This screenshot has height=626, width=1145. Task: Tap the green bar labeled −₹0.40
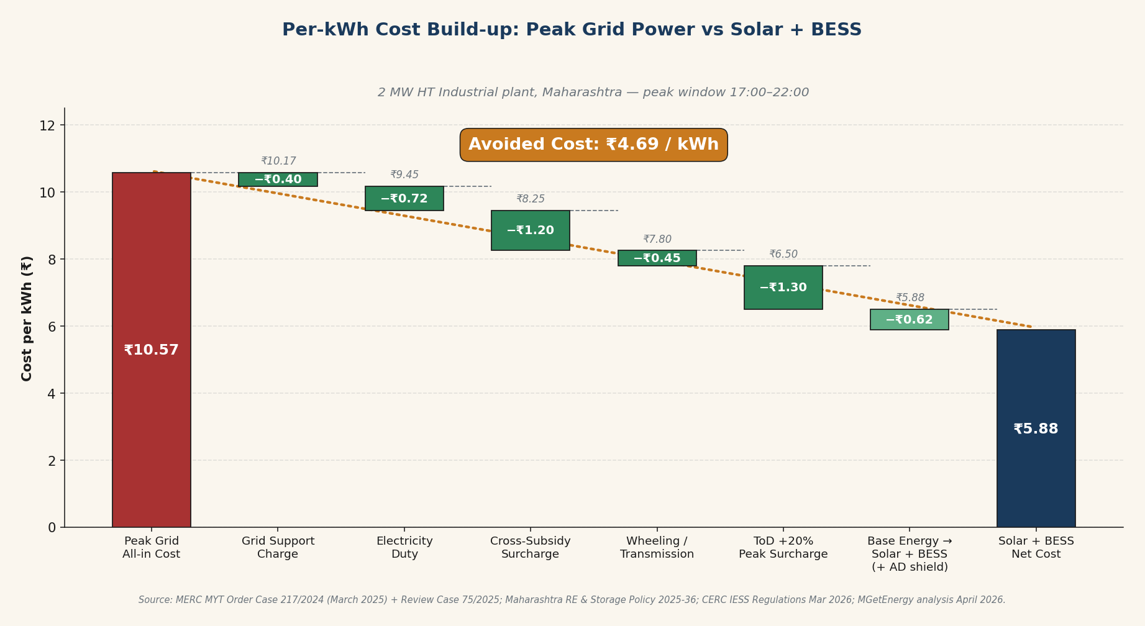pyautogui.click(x=278, y=179)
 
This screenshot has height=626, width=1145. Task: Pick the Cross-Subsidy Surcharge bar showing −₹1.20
pyautogui.click(x=530, y=230)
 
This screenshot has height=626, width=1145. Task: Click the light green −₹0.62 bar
pyautogui.click(x=909, y=320)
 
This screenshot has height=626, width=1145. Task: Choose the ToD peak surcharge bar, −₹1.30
pyautogui.click(x=783, y=288)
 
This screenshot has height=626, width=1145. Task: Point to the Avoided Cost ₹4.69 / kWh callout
pyautogui.click(x=593, y=145)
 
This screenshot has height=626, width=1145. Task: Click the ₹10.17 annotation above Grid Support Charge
pyautogui.click(x=278, y=161)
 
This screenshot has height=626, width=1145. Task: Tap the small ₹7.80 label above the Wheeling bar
pyautogui.click(x=657, y=240)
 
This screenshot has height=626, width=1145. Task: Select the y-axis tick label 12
pyautogui.click(x=47, y=125)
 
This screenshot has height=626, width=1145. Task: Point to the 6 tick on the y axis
pyautogui.click(x=52, y=327)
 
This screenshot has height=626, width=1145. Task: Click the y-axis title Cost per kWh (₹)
pyautogui.click(x=27, y=318)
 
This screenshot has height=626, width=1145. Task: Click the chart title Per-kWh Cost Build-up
pyautogui.click(x=572, y=30)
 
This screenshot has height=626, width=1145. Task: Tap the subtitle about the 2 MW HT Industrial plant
pyautogui.click(x=593, y=93)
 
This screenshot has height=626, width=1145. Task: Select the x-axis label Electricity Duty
pyautogui.click(x=404, y=548)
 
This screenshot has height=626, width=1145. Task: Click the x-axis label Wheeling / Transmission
pyautogui.click(x=657, y=548)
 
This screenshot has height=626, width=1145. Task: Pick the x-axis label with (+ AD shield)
pyautogui.click(x=909, y=554)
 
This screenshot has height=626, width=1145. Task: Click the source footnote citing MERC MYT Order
pyautogui.click(x=572, y=600)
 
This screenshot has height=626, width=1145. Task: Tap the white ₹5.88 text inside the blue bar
pyautogui.click(x=1036, y=429)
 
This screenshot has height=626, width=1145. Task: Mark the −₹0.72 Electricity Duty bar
pyautogui.click(x=404, y=199)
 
